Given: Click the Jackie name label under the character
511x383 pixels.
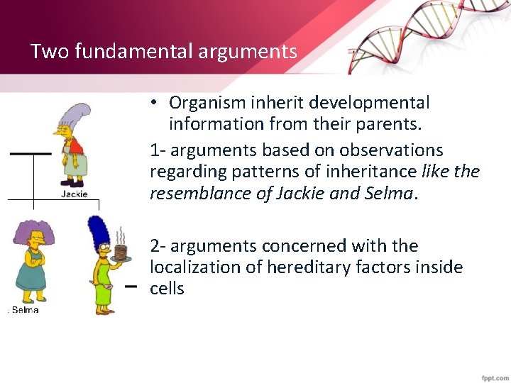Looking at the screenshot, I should click(x=74, y=194).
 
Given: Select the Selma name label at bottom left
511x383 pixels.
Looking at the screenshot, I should click(x=25, y=310).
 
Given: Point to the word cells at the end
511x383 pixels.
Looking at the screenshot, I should click(x=167, y=289).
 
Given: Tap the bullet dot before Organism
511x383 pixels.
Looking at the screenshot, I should click(x=154, y=104).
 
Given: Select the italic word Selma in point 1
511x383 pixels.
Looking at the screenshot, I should click(x=390, y=193).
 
